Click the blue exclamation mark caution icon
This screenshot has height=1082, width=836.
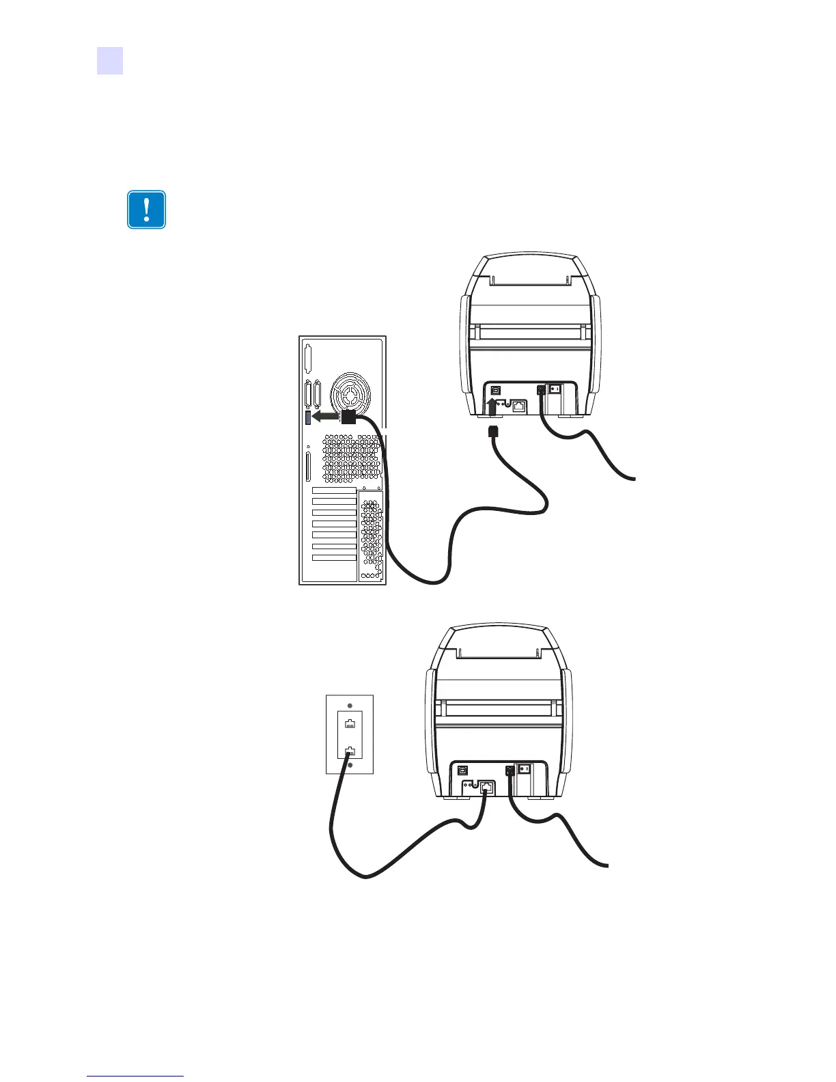pyautogui.click(x=146, y=209)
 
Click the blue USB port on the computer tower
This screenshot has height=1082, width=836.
pyautogui.click(x=307, y=417)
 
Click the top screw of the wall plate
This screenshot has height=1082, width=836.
pyautogui.click(x=350, y=706)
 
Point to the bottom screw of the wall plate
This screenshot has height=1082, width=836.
pyautogui.click(x=350, y=765)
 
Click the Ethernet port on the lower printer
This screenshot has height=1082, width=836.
pyautogui.click(x=486, y=786)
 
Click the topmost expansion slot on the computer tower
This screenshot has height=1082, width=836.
pyautogui.click(x=334, y=490)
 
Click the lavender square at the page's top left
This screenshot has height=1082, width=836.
pyautogui.click(x=109, y=60)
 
